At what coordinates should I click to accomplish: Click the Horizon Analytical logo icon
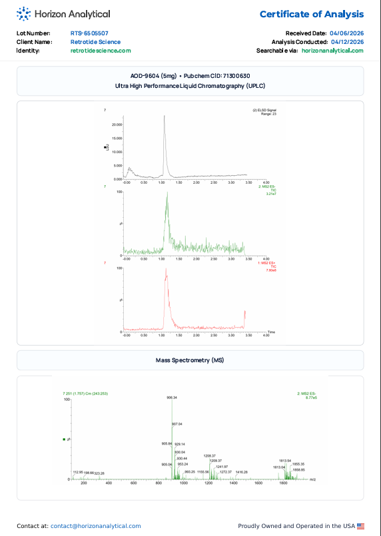pos(23,13)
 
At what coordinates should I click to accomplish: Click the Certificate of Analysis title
pos(311,14)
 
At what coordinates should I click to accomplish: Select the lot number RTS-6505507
pos(89,33)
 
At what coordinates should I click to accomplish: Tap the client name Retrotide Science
pos(95,41)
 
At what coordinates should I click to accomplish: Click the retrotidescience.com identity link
pos(101,50)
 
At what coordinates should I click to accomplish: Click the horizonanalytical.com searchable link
pos(332,50)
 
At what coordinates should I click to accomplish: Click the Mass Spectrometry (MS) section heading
pos(190,360)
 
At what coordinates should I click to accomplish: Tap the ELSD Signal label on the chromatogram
pos(265,109)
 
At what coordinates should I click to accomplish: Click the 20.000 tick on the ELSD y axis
pos(117,125)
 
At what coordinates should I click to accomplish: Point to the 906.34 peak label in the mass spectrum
pos(172,398)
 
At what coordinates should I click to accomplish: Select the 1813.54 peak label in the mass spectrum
pos(285,460)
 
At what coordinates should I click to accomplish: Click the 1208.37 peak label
pos(209,455)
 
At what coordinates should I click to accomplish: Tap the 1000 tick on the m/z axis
pos(184,483)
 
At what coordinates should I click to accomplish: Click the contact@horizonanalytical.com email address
pos(95,526)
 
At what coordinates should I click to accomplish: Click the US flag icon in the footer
pos(361,526)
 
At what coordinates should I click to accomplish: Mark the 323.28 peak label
pos(99,473)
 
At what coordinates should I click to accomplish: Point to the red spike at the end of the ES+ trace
pos(245,314)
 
